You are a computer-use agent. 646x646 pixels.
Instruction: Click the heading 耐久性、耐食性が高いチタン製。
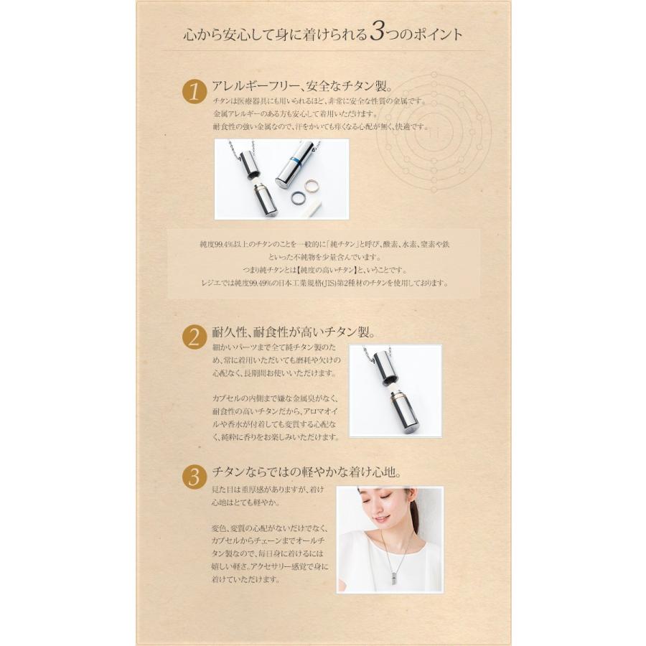[x=294, y=332]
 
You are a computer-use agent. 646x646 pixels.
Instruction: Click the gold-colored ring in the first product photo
[x=312, y=187]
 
